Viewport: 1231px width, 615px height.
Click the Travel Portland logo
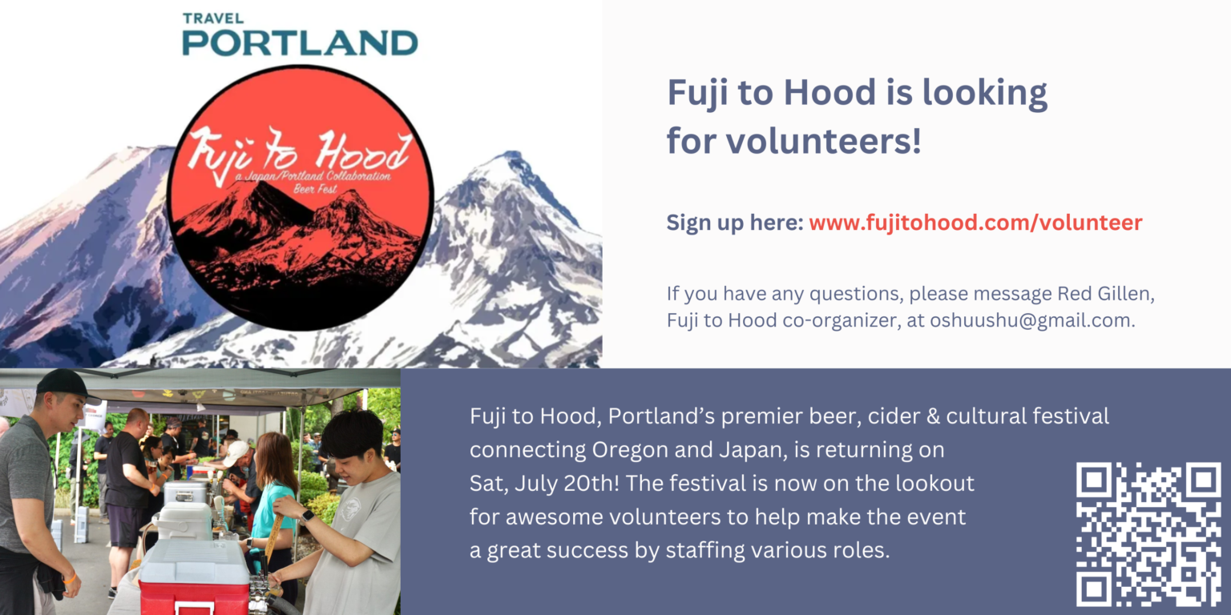300,34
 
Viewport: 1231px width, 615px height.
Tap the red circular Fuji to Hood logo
300,198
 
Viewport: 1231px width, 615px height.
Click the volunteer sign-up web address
975,223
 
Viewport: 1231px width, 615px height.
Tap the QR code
1148,534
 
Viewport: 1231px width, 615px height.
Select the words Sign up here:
735,223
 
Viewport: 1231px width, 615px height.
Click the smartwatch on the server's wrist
307,517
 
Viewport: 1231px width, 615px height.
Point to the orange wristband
69,578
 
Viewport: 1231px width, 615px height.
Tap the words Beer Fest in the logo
315,190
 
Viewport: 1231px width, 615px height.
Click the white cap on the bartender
236,452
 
